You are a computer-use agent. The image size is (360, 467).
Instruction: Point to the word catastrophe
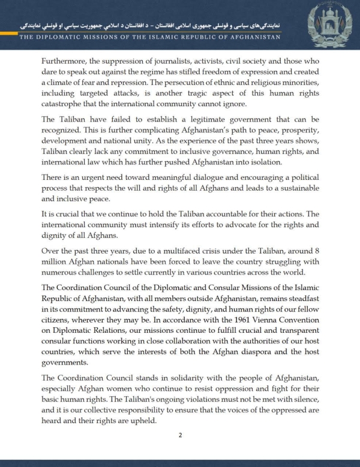coord(67,104)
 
